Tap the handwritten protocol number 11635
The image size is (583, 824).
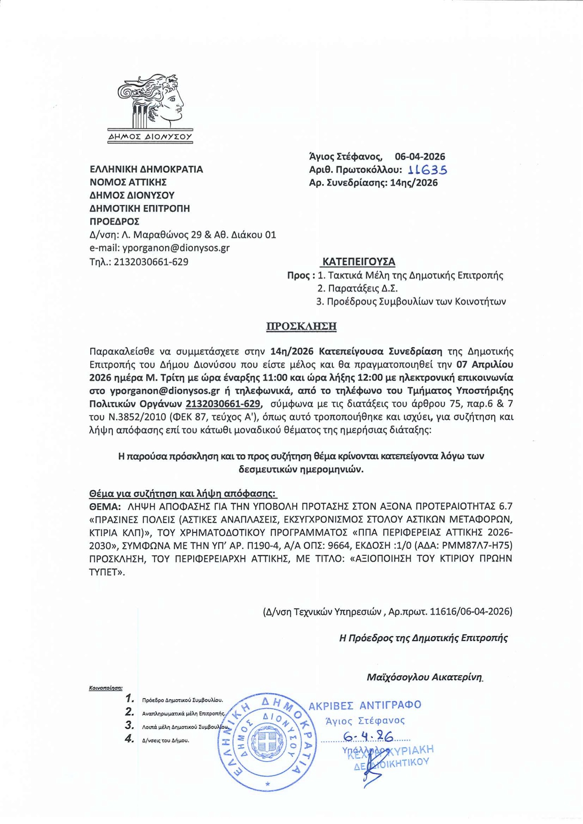click(x=428, y=170)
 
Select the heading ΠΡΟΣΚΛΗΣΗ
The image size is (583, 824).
click(x=301, y=326)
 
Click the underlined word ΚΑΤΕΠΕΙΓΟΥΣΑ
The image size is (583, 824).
click(x=358, y=262)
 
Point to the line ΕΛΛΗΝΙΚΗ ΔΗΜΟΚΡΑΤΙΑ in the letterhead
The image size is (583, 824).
click(x=146, y=169)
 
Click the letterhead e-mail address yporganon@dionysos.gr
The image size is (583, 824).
click(x=176, y=248)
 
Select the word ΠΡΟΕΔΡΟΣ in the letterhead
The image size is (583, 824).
click(x=114, y=221)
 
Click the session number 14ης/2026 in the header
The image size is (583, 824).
click(x=414, y=183)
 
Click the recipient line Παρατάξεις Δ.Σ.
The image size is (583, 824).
click(x=357, y=288)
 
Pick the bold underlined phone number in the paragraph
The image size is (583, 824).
click(x=223, y=404)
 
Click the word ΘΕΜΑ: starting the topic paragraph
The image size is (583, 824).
click(x=105, y=506)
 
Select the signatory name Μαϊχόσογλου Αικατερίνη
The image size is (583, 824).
click(x=425, y=677)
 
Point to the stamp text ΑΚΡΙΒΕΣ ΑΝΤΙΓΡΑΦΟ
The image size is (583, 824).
click(x=365, y=705)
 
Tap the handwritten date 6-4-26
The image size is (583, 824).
click(x=368, y=736)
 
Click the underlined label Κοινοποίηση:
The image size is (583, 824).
click(x=106, y=688)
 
